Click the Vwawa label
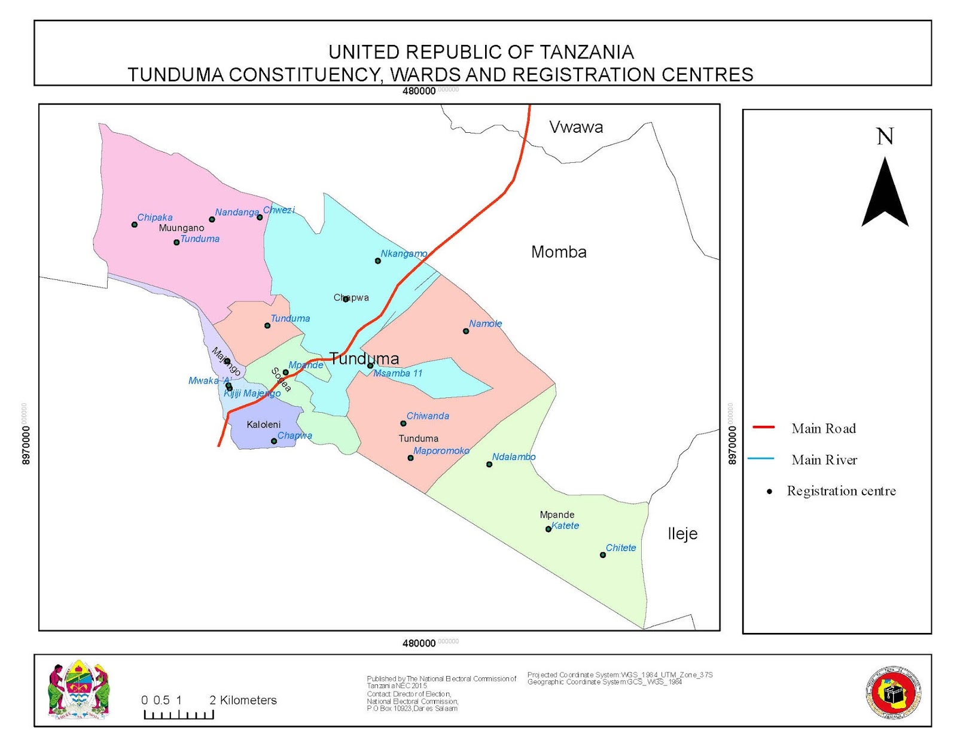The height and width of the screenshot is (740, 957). pos(576,127)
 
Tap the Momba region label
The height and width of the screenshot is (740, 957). pos(559,252)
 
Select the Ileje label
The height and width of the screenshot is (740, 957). pos(682,533)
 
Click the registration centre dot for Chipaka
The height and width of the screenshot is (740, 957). pos(135,225)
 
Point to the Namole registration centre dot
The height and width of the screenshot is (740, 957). pos(466,331)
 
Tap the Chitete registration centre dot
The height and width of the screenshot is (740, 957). pos(603,555)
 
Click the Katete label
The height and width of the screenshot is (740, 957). pos(565,526)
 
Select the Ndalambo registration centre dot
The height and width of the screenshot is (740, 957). pos(489,464)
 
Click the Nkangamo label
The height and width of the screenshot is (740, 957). pos(404,254)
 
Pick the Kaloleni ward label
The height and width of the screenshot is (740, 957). pos(263,424)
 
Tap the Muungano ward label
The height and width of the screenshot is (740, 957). pos(181,228)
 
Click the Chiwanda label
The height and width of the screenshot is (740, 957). pos(428,416)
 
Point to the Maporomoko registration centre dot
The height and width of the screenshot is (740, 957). pos(410,458)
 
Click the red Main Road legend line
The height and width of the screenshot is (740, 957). pos(763,427)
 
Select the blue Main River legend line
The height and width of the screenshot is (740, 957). pos(761,459)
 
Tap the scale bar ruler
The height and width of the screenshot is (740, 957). pos(179,714)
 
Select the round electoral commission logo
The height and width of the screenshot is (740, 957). pos(894,693)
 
